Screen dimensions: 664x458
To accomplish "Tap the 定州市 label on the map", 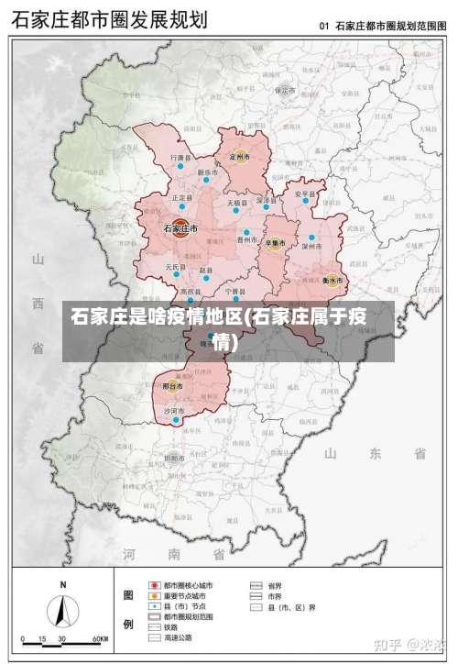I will coord(240,157).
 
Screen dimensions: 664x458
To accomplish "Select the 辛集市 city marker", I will coord(274,243).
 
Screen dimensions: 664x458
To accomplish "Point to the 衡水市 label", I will coord(332,279).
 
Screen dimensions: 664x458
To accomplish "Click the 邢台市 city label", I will coord(172,386).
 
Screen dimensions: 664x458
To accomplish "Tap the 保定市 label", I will coord(285,91).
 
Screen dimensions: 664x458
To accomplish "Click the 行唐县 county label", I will coord(181,158).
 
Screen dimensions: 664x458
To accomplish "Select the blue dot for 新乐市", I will coord(207,180).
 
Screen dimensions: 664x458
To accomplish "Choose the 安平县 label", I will coord(304,194).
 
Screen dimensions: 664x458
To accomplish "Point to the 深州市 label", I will coord(312,246).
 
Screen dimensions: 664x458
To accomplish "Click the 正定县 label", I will coord(181,197).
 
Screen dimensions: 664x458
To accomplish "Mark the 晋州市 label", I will coord(246,239).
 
